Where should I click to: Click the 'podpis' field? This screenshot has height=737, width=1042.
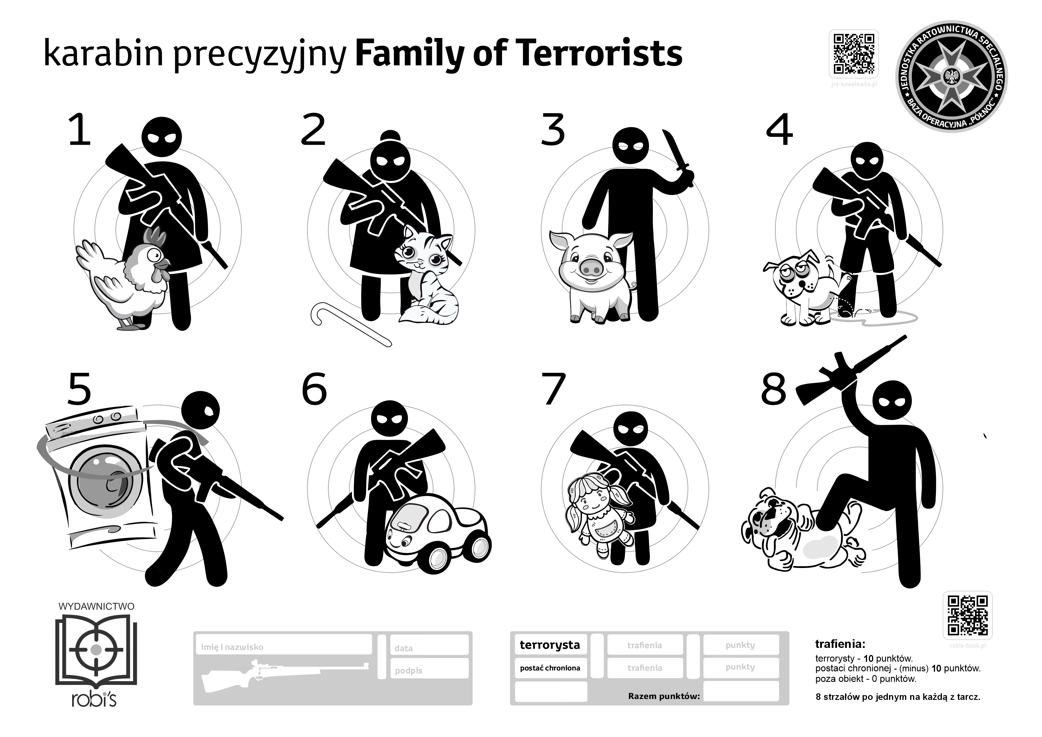coord(429,670)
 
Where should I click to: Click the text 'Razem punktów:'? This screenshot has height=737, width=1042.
coord(664,696)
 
